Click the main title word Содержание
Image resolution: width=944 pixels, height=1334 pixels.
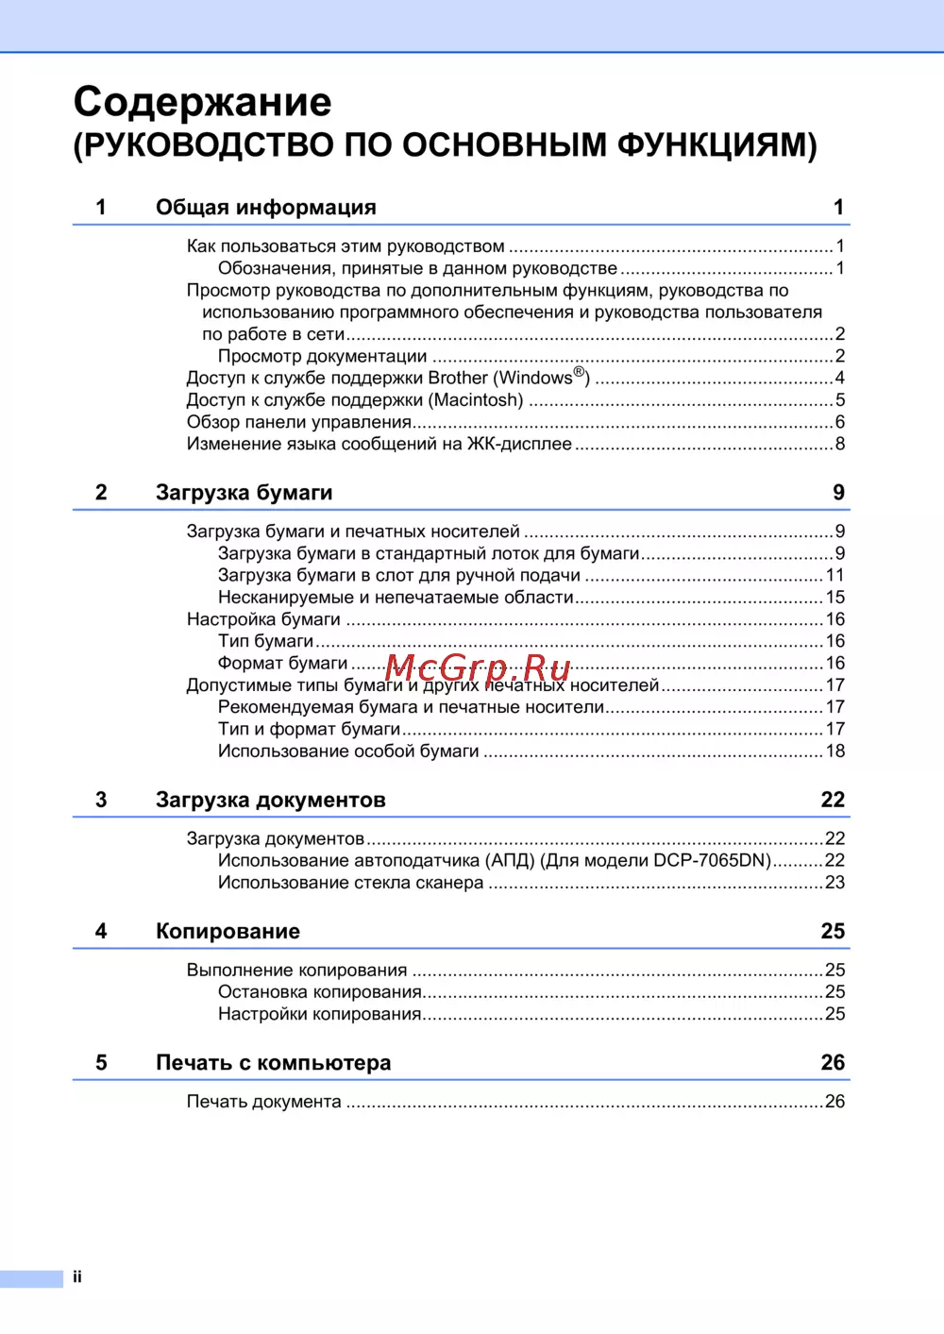click(x=202, y=102)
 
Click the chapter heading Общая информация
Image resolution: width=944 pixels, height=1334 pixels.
click(x=265, y=208)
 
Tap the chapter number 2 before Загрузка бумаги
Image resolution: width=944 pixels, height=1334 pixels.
click(x=101, y=493)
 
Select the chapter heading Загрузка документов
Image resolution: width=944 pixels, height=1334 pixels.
click(x=270, y=801)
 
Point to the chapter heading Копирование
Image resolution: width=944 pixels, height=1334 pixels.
click(x=228, y=932)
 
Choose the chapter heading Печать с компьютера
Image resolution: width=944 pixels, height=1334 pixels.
click(x=273, y=1063)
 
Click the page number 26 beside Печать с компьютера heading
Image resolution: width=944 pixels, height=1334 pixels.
click(x=832, y=1063)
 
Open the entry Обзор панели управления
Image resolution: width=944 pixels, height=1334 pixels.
click(x=298, y=422)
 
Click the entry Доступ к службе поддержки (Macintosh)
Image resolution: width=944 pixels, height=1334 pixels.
click(x=354, y=400)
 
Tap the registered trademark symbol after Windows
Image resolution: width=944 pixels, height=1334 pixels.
click(x=580, y=372)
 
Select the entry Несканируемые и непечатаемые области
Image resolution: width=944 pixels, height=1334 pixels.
click(x=396, y=598)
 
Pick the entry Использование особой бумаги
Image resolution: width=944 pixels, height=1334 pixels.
click(x=348, y=751)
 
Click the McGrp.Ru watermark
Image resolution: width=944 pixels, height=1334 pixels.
click(x=478, y=668)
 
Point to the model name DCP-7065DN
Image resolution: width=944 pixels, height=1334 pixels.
click(x=712, y=861)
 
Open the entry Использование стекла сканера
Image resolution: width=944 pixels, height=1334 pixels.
click(x=350, y=883)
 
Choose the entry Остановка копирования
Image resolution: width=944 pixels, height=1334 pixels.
click(x=319, y=992)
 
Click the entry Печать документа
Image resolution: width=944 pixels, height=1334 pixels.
click(x=263, y=1102)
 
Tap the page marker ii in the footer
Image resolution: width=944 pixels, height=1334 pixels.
click(x=77, y=1277)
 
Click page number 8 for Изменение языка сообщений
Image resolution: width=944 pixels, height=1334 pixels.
click(x=839, y=445)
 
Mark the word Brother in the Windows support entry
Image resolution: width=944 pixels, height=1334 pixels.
click(x=458, y=379)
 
